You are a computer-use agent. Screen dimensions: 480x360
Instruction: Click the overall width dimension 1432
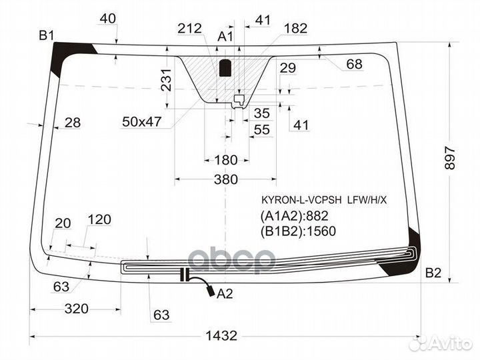221,336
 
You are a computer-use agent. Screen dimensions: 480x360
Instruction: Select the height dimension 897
450,158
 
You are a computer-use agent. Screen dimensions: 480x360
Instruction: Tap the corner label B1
47,36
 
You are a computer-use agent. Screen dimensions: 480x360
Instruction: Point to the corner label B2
433,273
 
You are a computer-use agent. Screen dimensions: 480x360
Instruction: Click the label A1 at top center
225,37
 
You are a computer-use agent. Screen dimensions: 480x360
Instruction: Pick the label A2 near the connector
225,294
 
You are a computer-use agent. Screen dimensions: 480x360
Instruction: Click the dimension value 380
226,179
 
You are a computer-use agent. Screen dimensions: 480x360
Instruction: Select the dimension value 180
226,160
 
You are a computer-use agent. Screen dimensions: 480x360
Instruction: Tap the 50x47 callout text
141,122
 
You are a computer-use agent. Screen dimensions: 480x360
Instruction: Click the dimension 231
167,80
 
